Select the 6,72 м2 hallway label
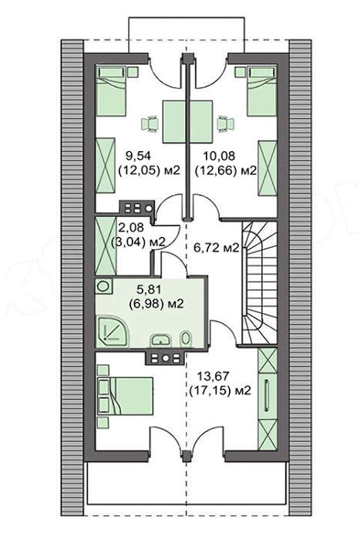[216, 248]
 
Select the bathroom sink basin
[160, 339]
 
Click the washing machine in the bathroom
[103, 287]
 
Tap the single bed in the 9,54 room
[111, 90]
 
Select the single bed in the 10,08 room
[262, 90]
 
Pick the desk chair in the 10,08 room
[225, 123]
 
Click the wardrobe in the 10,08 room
[267, 168]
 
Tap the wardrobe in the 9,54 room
[105, 165]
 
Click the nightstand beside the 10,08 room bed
[239, 72]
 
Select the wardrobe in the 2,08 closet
[106, 245]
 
